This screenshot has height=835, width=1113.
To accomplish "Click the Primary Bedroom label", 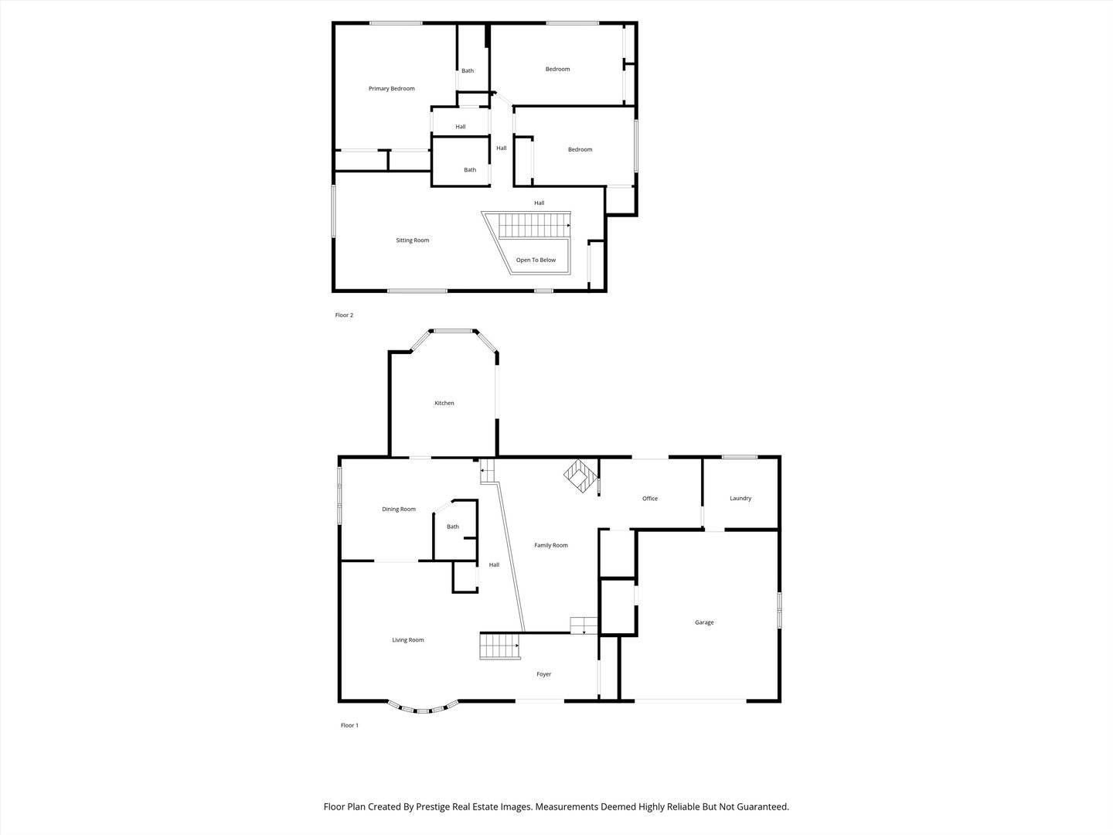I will click(x=391, y=89).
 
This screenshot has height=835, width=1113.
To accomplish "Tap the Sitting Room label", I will click(x=413, y=240).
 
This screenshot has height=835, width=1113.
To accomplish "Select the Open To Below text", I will click(x=536, y=261).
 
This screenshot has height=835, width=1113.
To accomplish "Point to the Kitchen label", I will click(x=444, y=404).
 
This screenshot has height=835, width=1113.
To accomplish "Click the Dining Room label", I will click(x=399, y=510).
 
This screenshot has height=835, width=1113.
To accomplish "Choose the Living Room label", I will click(x=408, y=640).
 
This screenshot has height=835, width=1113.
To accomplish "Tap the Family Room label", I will click(x=551, y=546).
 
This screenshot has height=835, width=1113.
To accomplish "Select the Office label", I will click(x=650, y=499).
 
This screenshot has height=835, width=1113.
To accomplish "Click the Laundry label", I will click(x=740, y=499).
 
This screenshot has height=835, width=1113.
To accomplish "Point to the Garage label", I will click(x=704, y=622).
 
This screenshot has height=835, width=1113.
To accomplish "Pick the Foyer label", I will click(x=544, y=674).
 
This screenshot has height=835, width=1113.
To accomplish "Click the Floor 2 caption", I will click(x=344, y=315).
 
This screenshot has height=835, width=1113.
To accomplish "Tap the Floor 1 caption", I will click(x=349, y=725).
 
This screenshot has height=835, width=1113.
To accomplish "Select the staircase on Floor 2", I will click(x=533, y=226).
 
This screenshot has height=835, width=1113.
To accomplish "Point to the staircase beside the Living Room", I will click(x=499, y=646).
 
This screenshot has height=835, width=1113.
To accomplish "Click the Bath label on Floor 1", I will click(x=453, y=527).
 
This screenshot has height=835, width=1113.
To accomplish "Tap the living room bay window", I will click(x=423, y=707).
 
